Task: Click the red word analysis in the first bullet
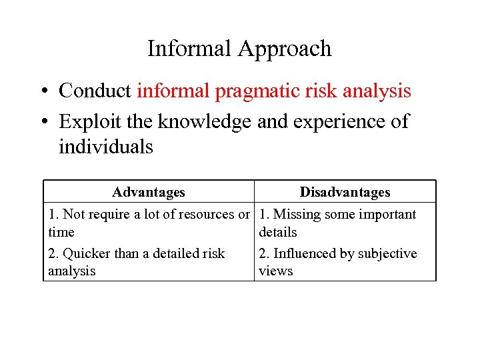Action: [x=377, y=91]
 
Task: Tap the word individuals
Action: [x=105, y=147]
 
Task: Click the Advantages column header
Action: [x=149, y=192]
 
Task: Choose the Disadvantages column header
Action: [x=345, y=192]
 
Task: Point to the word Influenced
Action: [x=305, y=253]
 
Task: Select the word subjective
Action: [x=387, y=254]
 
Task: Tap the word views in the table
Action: [x=275, y=271]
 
